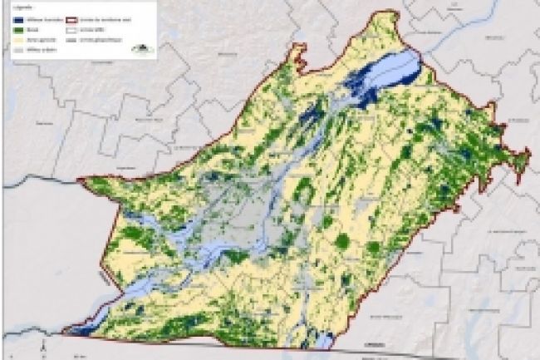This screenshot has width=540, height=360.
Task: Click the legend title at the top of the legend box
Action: pyautogui.click(x=14, y=6)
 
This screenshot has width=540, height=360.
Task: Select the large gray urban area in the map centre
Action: pyautogui.click(x=241, y=208)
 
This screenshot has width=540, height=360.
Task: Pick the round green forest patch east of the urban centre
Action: pyautogui.click(x=342, y=243)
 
